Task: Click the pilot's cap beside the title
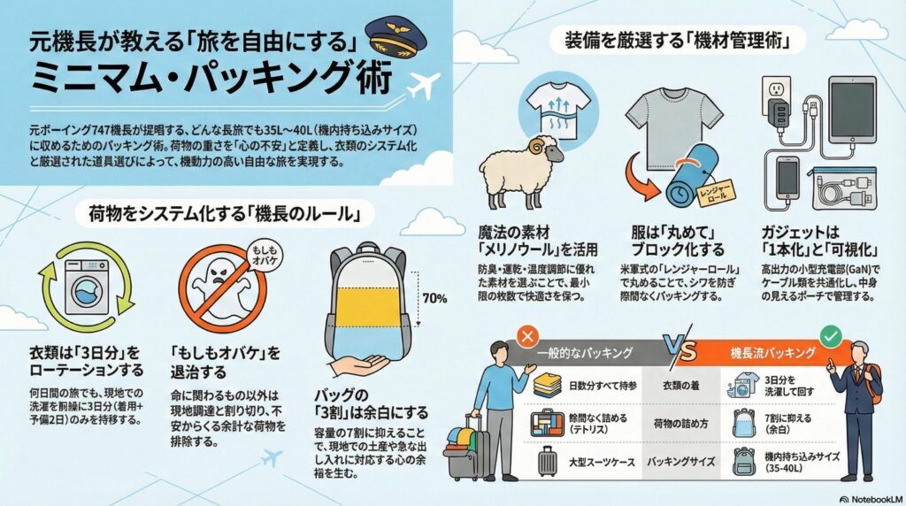(396, 38)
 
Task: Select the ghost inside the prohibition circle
(221, 287)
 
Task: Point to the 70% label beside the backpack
(434, 299)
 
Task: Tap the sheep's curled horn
(537, 147)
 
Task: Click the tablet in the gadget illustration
(852, 110)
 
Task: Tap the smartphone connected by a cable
(787, 178)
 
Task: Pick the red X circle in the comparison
(527, 336)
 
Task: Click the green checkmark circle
(831, 336)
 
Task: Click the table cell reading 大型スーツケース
(602, 462)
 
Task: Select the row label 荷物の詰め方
(680, 424)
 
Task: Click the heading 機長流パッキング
(773, 352)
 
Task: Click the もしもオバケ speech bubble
(265, 257)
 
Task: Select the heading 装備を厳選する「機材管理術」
(677, 41)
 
